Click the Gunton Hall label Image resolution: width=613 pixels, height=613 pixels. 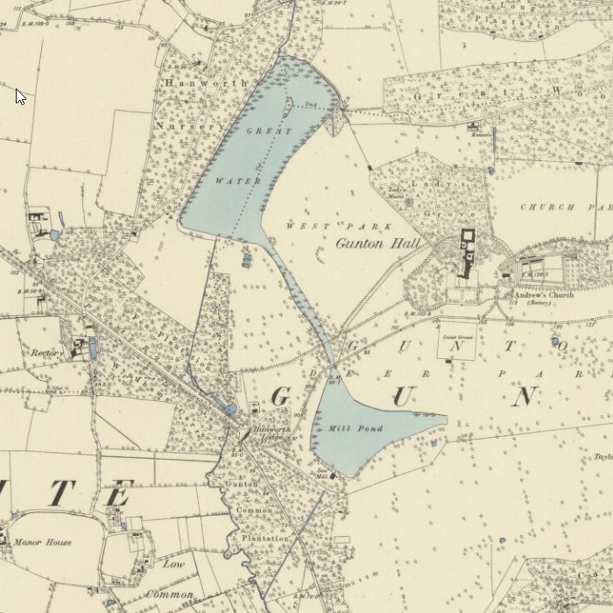pos(378,243)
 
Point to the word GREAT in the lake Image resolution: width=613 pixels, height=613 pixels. pos(268,131)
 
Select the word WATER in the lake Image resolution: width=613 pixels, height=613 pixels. pos(238,180)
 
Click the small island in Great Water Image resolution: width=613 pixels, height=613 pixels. pos(288,106)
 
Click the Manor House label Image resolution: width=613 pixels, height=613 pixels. pos(42,543)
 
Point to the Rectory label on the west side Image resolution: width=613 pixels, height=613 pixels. pos(46,354)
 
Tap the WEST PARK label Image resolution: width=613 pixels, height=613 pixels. pos(308,226)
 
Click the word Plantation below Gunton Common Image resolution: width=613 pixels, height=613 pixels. pos(264,539)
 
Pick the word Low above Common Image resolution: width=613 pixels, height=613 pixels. pos(173,564)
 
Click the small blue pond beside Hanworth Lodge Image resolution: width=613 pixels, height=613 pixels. pos(229,408)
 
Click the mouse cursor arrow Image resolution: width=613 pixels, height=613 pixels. pos(20,95)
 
